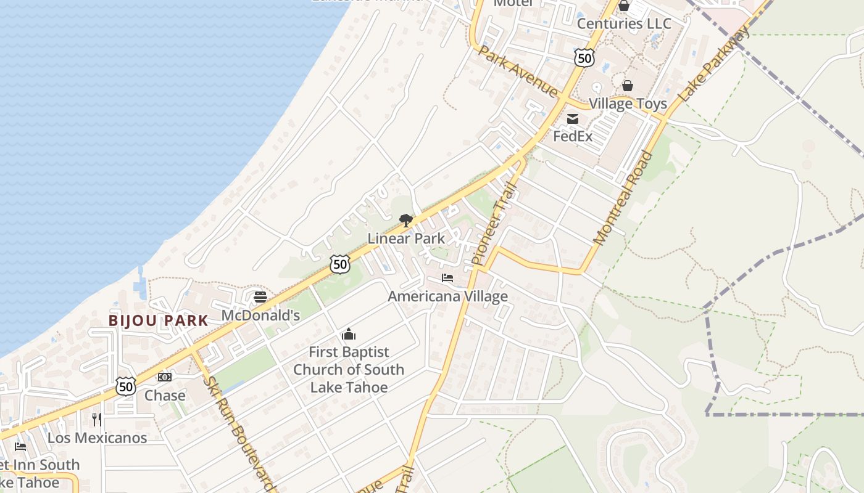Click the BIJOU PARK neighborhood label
coord(159,320)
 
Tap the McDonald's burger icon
coord(260,298)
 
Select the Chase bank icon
coord(164,377)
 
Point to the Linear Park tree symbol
coord(405,220)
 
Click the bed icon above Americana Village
coord(447,279)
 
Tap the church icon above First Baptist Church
coord(349,335)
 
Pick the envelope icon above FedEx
coord(573,119)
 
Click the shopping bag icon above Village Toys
coord(628,86)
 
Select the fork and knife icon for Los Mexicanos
coord(97,420)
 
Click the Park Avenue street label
coord(517,71)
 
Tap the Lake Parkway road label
coord(714,64)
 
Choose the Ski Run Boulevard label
coord(238,433)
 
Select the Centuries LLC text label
coord(624,23)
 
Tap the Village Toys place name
coord(628,104)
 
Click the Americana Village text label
coord(447,296)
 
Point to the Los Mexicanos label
coord(97,438)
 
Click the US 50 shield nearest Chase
coord(126,386)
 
